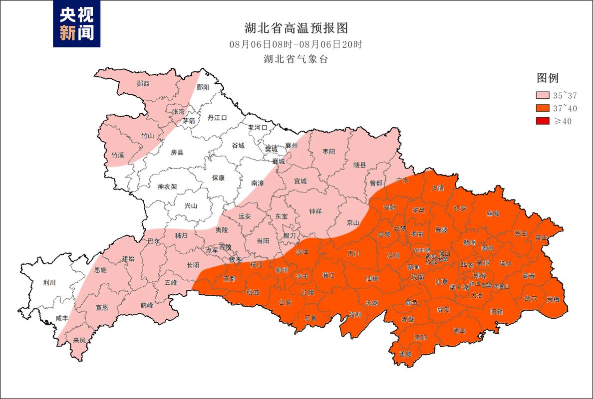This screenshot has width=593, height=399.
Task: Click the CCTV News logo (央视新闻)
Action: point(77,24)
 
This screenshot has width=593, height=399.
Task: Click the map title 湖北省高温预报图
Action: point(296,27)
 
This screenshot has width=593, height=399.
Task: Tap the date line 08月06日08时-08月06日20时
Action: point(296,44)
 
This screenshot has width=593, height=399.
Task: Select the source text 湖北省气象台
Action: point(296,59)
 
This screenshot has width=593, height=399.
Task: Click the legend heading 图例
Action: point(547,78)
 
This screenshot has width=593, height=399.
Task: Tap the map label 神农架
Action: point(167,187)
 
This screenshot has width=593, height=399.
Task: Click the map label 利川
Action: point(49,283)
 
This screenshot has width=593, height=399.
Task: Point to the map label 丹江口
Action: point(217,118)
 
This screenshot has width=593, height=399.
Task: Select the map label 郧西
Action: point(143,83)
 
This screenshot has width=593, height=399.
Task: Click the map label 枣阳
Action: point(328,151)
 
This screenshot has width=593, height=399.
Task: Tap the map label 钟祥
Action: point(315,211)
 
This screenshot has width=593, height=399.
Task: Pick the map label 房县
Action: point(177,152)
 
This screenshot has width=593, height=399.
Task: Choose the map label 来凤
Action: point(79,340)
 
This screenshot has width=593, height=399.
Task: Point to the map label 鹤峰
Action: point(146,305)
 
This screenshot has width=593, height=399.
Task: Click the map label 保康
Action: point(218,178)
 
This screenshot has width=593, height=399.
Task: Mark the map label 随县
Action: point(359,165)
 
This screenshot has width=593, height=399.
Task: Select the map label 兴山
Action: point(191,205)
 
